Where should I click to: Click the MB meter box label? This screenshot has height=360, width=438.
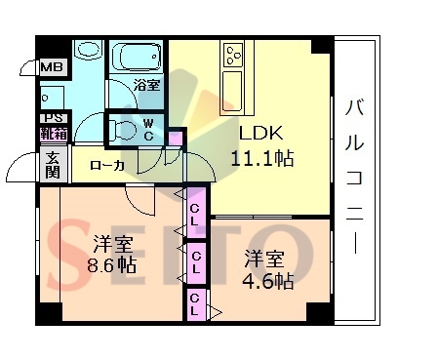coord(53,67)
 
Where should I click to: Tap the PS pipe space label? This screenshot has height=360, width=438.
coord(54,117)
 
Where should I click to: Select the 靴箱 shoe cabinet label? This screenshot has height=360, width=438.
coord(54,134)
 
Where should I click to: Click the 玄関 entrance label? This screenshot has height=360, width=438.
coord(53,165)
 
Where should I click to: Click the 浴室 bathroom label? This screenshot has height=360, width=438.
coord(147,85)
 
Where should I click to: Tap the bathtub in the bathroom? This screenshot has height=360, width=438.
coord(137,56)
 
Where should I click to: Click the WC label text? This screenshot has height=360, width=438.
coord(148,130)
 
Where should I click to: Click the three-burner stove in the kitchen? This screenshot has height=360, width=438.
coord(234,55)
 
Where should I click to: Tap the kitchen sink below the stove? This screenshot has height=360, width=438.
coord(232,91)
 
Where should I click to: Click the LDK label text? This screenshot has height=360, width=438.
coord(261,133)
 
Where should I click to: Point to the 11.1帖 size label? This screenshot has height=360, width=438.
coord(261,158)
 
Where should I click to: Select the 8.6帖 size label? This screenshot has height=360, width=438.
coord(111,265)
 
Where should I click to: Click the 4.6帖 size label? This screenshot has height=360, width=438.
coord(268,281)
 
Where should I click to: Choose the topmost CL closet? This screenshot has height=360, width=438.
coord(195,214)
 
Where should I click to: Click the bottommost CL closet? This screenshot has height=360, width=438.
coord(194,304)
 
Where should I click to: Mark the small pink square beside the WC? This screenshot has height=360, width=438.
coord(176,139)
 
